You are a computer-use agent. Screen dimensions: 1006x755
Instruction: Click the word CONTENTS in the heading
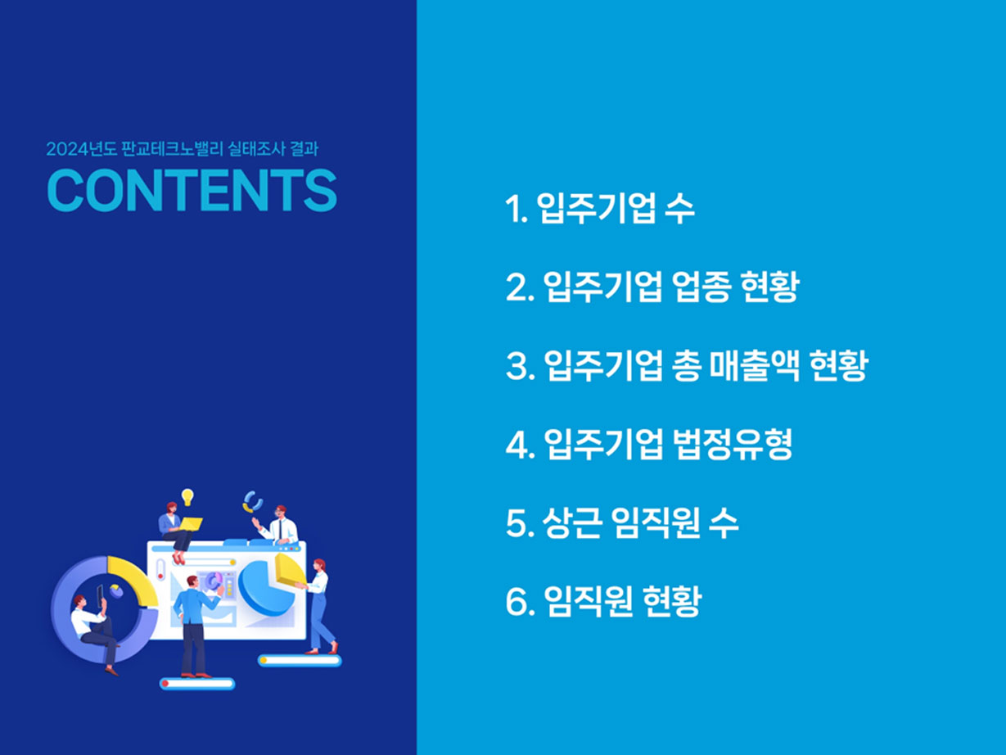(x=192, y=190)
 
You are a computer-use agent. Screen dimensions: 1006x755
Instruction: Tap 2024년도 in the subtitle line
(x=82, y=149)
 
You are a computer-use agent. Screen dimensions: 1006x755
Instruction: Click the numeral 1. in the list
(x=517, y=210)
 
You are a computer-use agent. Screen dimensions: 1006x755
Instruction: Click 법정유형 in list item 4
(x=733, y=444)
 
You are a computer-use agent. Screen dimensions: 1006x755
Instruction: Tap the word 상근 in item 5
(x=571, y=522)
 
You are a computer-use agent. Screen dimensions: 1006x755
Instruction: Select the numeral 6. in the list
(x=520, y=601)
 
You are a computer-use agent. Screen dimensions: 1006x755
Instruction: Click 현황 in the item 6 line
(x=672, y=601)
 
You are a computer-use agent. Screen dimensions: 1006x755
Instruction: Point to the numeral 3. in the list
(x=520, y=366)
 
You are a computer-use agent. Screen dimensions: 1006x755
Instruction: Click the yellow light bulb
(x=187, y=497)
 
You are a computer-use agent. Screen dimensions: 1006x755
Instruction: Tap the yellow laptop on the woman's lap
(x=190, y=524)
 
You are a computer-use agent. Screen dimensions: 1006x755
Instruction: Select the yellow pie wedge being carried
(x=290, y=570)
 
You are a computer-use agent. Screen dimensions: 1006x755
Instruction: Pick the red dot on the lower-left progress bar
(x=165, y=684)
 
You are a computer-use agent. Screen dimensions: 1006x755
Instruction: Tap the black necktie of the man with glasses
(x=280, y=530)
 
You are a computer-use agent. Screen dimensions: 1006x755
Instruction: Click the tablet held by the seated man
(x=100, y=596)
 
